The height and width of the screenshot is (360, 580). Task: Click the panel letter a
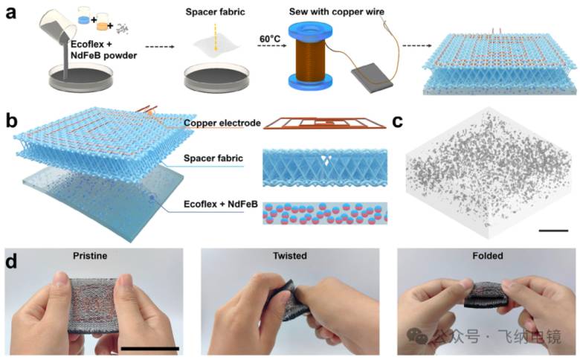click(x=11, y=13)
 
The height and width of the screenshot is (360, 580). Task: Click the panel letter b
click(x=11, y=120)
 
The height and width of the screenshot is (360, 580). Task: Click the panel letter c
click(x=397, y=121)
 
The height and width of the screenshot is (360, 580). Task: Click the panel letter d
click(x=11, y=261)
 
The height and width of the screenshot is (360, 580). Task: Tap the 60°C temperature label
click(x=270, y=39)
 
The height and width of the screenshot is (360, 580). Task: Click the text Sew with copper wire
click(x=337, y=11)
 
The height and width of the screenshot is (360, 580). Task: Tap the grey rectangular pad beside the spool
click(x=372, y=78)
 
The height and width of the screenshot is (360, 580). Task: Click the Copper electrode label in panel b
click(x=222, y=123)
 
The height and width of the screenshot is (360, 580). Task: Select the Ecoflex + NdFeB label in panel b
click(x=220, y=205)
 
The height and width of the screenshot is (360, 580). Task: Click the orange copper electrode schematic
click(x=325, y=123)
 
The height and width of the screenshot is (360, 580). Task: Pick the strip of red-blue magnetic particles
click(x=325, y=213)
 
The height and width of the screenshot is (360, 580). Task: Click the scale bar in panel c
click(x=553, y=231)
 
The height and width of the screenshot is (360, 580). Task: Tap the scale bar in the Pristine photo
click(x=149, y=349)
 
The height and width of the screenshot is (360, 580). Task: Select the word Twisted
click(x=290, y=256)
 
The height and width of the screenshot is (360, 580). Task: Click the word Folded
click(x=488, y=256)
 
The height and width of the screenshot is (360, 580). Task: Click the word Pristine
click(x=90, y=256)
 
